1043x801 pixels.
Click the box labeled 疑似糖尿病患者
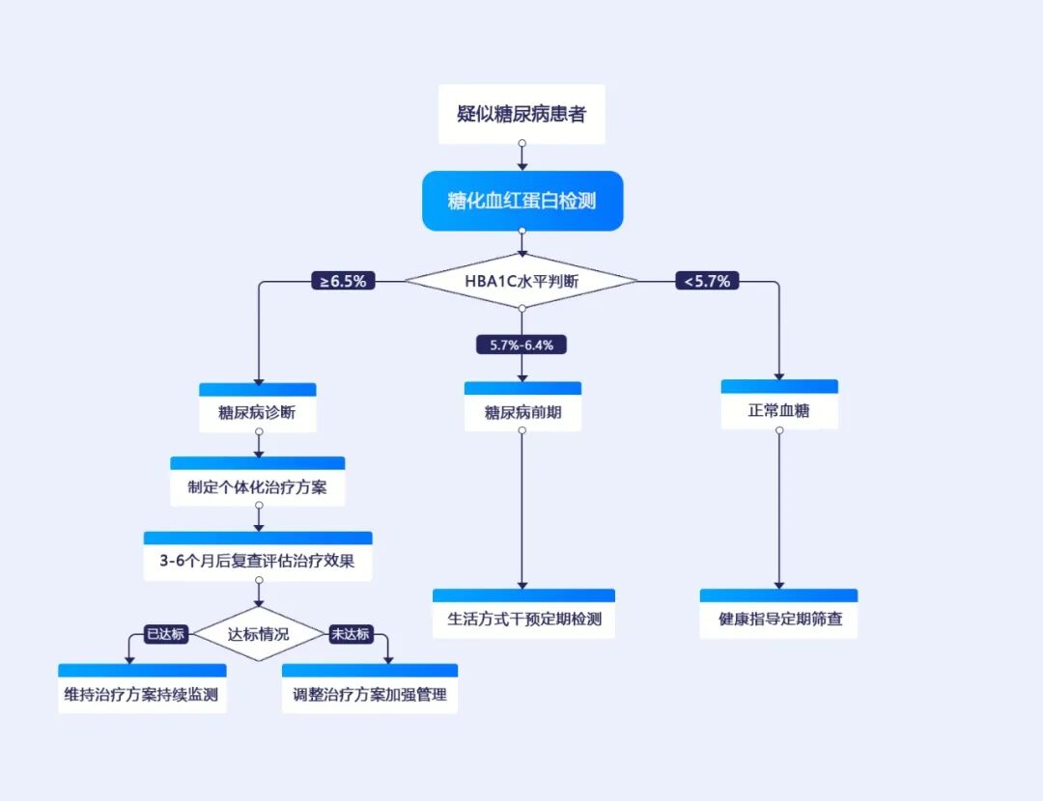[521, 114]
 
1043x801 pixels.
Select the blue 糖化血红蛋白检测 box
[521, 201]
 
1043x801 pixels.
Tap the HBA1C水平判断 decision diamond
[521, 281]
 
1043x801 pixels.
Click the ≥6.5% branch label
[344, 282]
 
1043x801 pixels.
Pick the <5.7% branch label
[708, 282]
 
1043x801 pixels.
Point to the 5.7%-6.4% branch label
[521, 345]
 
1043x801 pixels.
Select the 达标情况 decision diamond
[258, 635]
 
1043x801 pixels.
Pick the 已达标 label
[164, 634]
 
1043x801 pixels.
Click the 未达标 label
[350, 634]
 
